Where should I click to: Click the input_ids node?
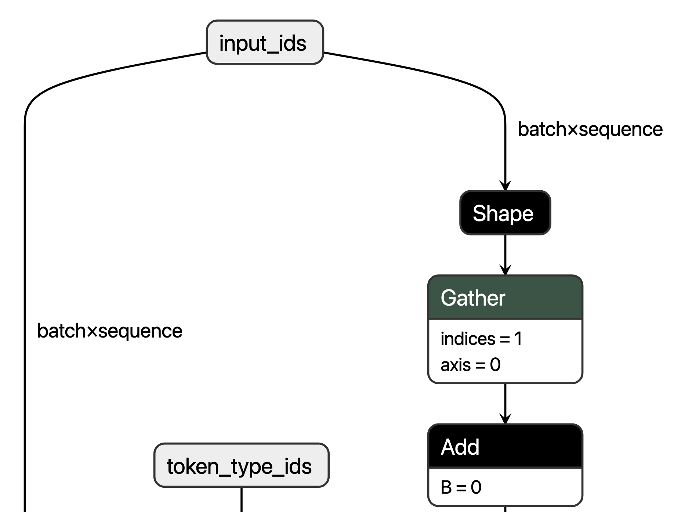265,43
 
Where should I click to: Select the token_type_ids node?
241,465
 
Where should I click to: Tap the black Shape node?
505,213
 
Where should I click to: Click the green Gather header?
505,298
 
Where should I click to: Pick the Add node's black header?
505,447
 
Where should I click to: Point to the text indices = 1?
481,339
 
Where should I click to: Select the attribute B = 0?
461,487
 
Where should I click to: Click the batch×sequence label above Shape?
590,130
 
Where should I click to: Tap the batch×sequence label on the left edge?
110,331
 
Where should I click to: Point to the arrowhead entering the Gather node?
505,270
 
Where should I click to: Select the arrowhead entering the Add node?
505,419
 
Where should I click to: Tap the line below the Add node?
505,509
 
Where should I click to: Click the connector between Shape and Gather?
505,252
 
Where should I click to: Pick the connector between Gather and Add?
505,400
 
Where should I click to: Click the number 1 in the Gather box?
518,339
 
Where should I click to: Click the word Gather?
473,298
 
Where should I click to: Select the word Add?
460,447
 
